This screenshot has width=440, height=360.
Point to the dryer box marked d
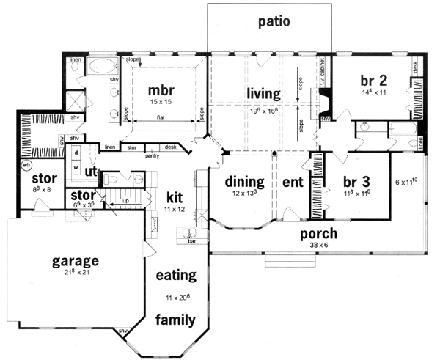click(76, 152)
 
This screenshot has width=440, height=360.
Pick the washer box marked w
click(76, 166)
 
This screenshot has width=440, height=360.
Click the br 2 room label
click(374, 79)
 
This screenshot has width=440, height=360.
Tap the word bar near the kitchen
click(194, 240)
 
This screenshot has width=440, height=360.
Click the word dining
click(240, 181)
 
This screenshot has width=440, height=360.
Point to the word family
click(175, 320)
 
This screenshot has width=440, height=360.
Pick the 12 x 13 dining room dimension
click(240, 193)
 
